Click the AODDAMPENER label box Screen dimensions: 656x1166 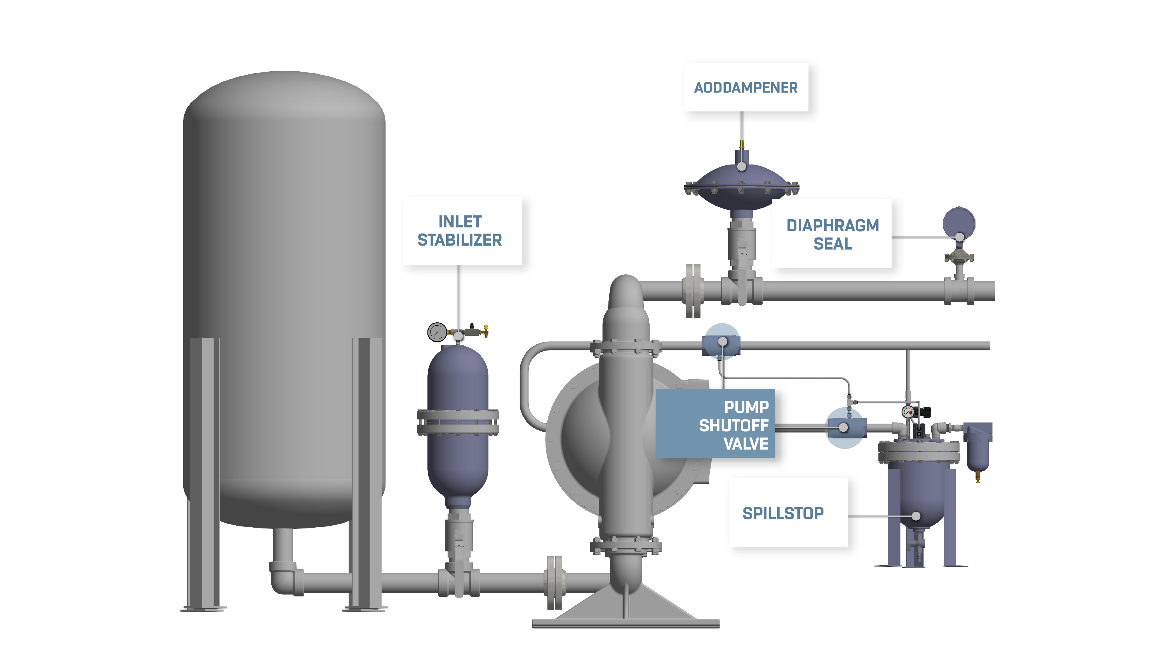[746, 87]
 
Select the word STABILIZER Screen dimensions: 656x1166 [460, 240]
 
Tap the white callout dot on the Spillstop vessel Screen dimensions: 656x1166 [916, 516]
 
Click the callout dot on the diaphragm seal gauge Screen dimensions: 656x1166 [959, 237]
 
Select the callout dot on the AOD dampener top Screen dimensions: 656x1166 [741, 166]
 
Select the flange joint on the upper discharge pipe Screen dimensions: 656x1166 [693, 291]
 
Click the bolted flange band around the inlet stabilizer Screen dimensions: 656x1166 [458, 422]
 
